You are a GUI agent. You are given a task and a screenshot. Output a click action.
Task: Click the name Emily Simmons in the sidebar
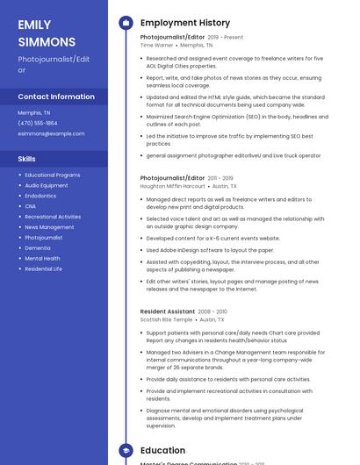(x=47, y=33)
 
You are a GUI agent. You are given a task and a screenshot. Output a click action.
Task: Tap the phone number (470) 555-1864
(x=38, y=123)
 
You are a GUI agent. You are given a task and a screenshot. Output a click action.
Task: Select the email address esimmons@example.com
(x=51, y=133)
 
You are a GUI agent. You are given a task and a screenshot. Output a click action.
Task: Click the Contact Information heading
(x=56, y=97)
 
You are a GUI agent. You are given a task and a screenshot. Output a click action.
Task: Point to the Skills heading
(x=27, y=159)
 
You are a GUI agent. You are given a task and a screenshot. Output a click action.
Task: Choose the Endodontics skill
(x=40, y=196)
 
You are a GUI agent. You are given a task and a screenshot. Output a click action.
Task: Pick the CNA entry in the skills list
(x=31, y=206)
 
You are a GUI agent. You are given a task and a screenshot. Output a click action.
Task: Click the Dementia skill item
(x=38, y=248)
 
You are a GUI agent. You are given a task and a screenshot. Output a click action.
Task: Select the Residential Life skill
(x=44, y=269)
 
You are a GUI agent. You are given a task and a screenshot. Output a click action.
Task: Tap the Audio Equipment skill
(x=47, y=185)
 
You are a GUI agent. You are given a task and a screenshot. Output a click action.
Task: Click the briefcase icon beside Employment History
(x=126, y=23)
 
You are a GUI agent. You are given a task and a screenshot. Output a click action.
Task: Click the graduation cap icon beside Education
(x=126, y=451)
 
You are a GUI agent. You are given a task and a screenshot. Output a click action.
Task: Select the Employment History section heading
(x=185, y=23)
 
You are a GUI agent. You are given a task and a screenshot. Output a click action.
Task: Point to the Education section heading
(x=163, y=451)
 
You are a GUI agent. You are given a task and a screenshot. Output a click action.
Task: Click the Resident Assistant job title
(x=168, y=311)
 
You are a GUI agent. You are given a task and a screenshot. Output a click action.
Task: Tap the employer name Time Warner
(x=157, y=45)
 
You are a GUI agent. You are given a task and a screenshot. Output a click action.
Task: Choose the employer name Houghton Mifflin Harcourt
(x=173, y=186)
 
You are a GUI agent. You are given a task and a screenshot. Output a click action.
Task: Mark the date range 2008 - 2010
(x=212, y=311)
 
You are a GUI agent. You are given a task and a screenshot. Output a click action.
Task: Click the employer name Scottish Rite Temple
(x=167, y=319)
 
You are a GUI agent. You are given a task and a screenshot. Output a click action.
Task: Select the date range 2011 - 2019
(x=220, y=178)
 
